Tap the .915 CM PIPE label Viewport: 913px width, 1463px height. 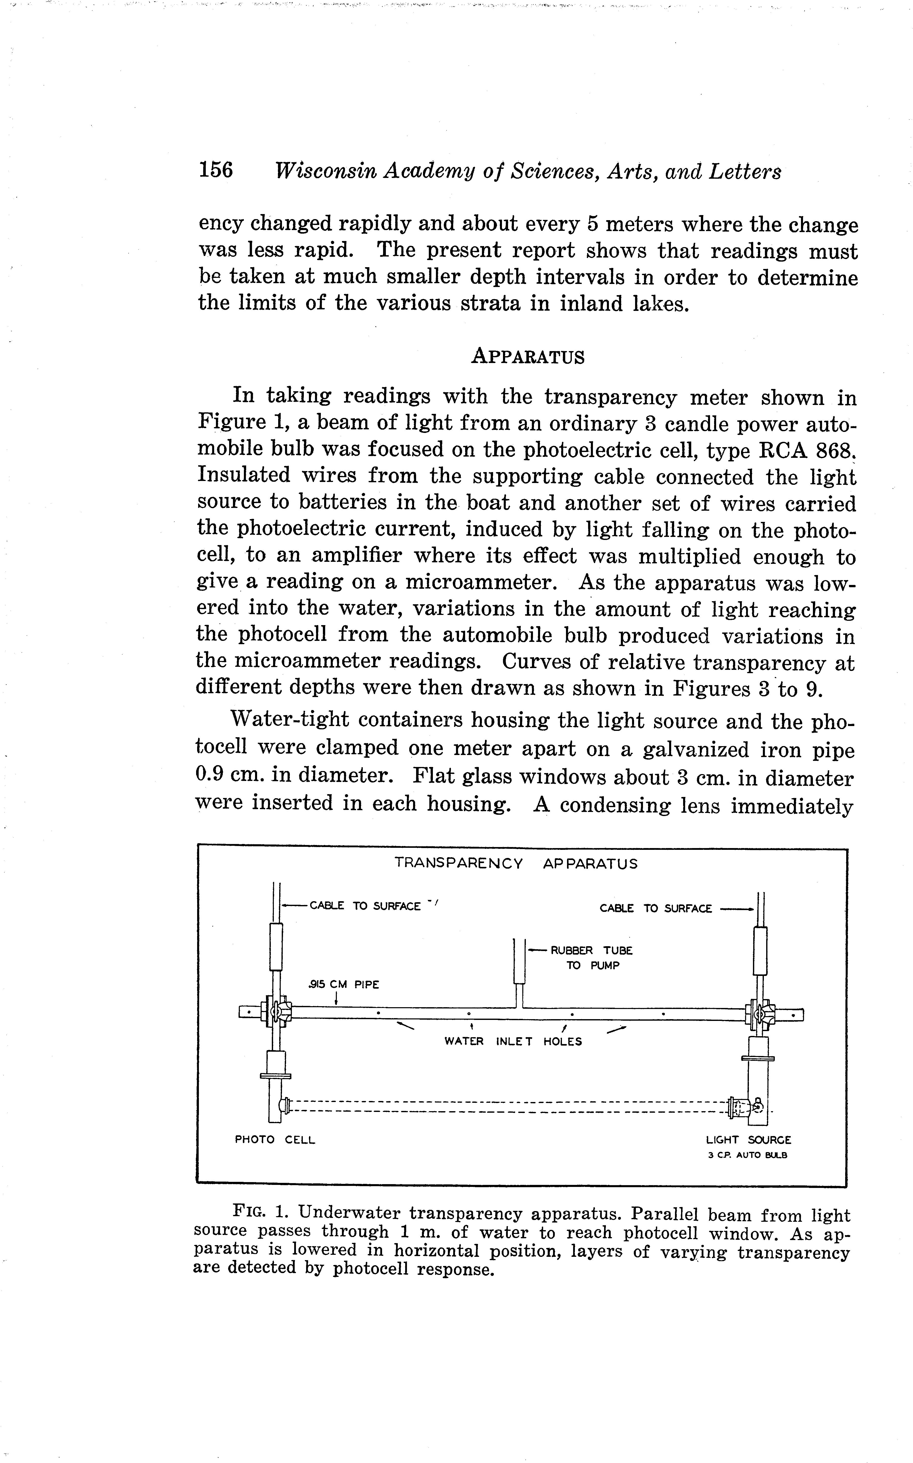point(344,984)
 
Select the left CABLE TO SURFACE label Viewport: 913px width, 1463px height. point(365,906)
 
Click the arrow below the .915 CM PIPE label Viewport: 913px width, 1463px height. point(336,998)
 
